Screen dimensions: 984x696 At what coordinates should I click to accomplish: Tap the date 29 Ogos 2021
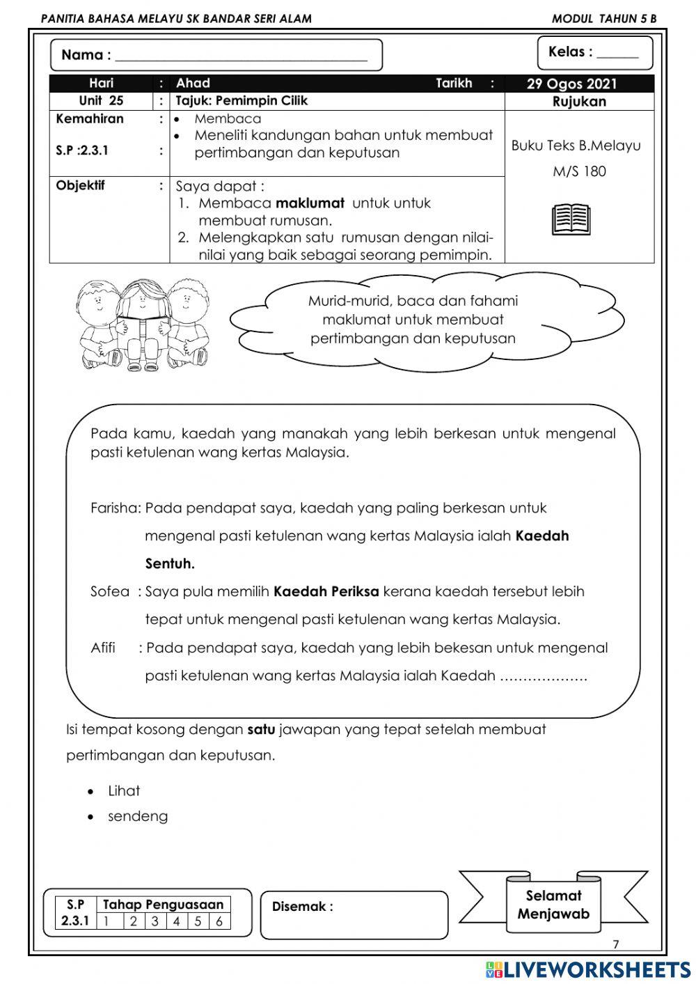pyautogui.click(x=571, y=84)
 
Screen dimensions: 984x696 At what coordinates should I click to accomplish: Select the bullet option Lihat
pyautogui.click(x=124, y=791)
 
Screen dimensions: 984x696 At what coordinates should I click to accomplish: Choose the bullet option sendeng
pyautogui.click(x=138, y=816)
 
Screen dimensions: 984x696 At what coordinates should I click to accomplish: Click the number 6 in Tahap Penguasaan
pyautogui.click(x=219, y=921)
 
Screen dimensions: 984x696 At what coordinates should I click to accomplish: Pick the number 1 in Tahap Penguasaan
pyautogui.click(x=106, y=921)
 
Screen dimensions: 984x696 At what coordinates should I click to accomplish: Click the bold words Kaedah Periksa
pyautogui.click(x=326, y=592)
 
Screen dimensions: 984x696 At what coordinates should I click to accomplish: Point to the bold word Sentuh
pyautogui.click(x=170, y=563)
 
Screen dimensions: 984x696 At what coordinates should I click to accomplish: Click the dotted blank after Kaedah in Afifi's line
pyautogui.click(x=544, y=676)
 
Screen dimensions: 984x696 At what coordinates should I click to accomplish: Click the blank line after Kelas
pyautogui.click(x=617, y=54)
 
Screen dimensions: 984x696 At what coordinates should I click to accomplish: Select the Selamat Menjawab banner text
pyautogui.click(x=553, y=905)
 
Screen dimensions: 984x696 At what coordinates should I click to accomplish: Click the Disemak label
pyautogui.click(x=302, y=907)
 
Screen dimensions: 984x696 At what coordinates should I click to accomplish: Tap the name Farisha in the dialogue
pyautogui.click(x=115, y=508)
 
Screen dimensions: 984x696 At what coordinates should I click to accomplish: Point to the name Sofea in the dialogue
pyautogui.click(x=110, y=592)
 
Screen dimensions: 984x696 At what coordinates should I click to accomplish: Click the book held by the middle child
pyautogui.click(x=142, y=326)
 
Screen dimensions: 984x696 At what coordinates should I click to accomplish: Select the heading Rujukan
pyautogui.click(x=578, y=102)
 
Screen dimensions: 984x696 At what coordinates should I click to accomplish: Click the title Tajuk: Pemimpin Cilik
pyautogui.click(x=242, y=101)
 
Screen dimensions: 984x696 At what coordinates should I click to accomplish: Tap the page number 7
pyautogui.click(x=615, y=945)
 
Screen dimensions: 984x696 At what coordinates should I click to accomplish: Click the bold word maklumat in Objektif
pyautogui.click(x=310, y=203)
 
